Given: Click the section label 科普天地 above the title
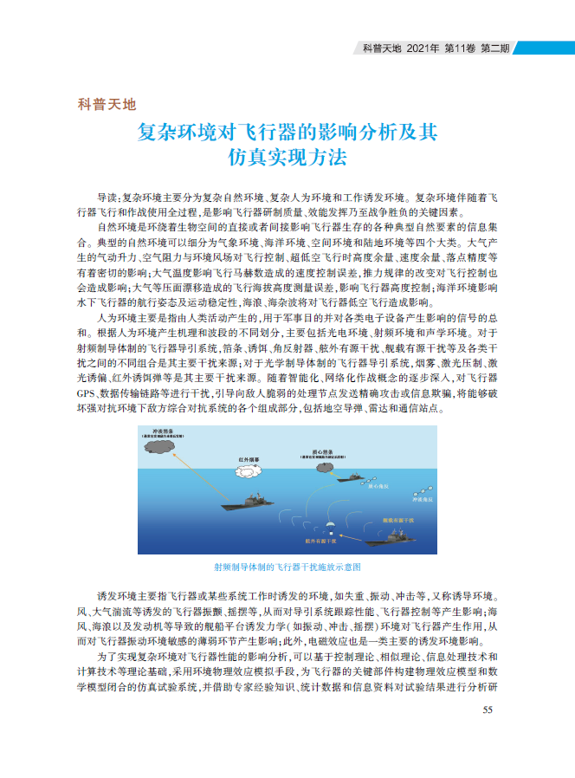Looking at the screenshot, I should [107, 106].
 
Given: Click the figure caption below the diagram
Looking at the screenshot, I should [287, 567].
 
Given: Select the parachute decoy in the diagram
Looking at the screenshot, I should [328, 525].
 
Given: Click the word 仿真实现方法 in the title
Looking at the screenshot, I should [287, 159].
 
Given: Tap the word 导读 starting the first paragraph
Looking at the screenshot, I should [107, 198].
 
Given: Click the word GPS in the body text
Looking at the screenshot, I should [89, 392].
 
